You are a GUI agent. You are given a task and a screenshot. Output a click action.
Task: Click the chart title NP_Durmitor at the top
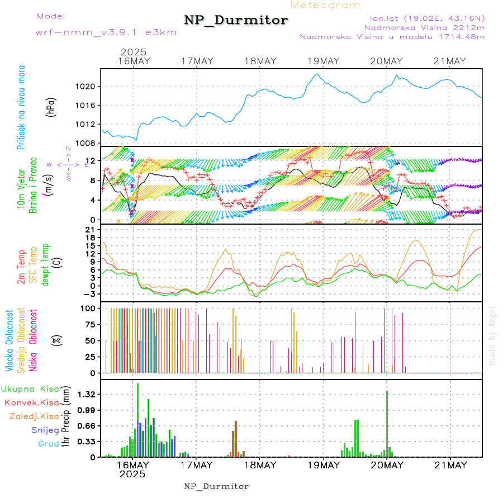coord(236,21)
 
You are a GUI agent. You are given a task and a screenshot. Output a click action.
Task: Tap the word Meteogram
coord(326,5)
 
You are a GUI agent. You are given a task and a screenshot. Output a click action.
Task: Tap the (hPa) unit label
coord(51,106)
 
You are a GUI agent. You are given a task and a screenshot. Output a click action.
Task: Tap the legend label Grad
coord(48,444)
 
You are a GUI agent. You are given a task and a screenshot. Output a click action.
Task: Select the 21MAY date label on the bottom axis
coord(450,465)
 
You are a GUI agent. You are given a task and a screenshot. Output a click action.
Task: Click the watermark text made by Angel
coord(492,335)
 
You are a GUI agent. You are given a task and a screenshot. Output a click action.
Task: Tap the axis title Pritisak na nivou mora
coord(21,107)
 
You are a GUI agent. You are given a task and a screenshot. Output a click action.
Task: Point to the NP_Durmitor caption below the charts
coord(216,486)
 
